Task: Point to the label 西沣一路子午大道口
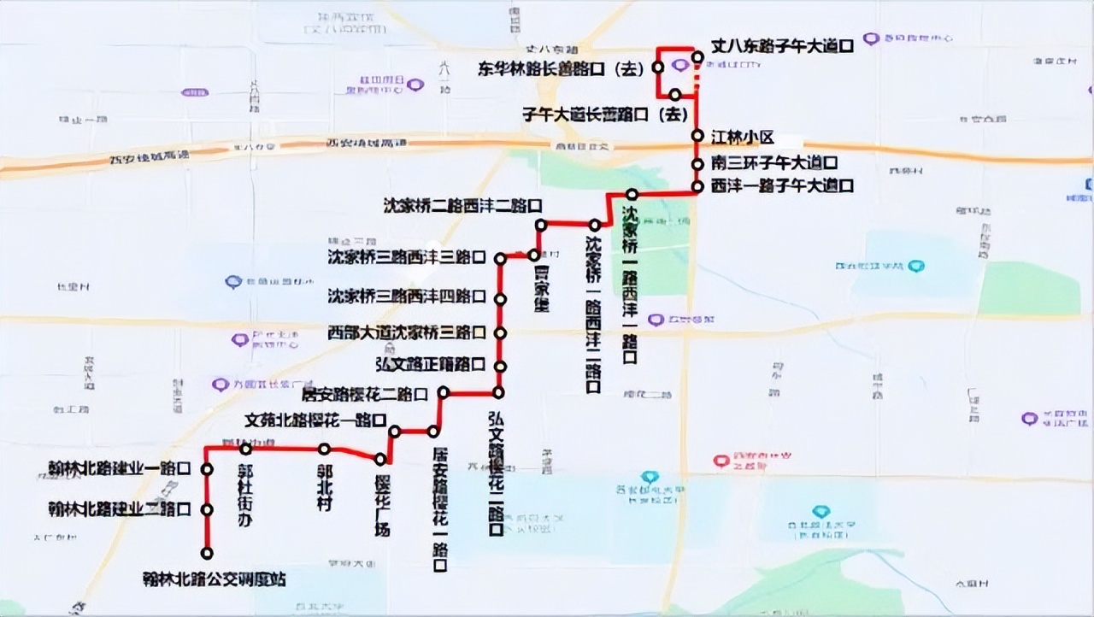pos(782,185)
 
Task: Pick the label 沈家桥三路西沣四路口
pos(407,297)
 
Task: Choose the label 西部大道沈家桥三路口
pos(407,332)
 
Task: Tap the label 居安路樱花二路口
pos(365,395)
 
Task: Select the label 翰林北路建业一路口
pos(120,468)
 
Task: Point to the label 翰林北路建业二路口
pos(120,509)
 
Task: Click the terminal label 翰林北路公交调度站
pos(214,579)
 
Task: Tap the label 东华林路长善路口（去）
pos(560,71)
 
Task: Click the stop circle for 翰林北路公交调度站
pos(207,553)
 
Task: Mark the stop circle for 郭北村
pos(324,449)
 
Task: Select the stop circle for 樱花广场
pos(379,460)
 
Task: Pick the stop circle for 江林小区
pos(697,137)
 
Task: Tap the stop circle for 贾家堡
pos(533,255)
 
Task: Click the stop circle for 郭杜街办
pos(245,449)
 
